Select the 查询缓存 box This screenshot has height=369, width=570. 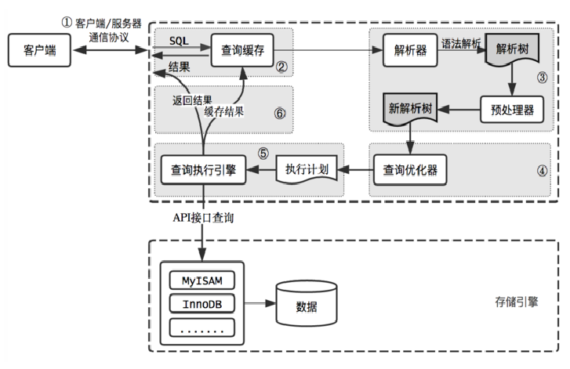point(241,51)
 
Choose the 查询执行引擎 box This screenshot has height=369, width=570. point(203,168)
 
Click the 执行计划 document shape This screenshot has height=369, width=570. point(306,168)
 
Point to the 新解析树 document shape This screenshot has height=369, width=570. point(408,110)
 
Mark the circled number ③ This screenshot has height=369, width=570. point(541,77)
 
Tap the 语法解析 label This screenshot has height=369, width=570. point(460,44)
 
